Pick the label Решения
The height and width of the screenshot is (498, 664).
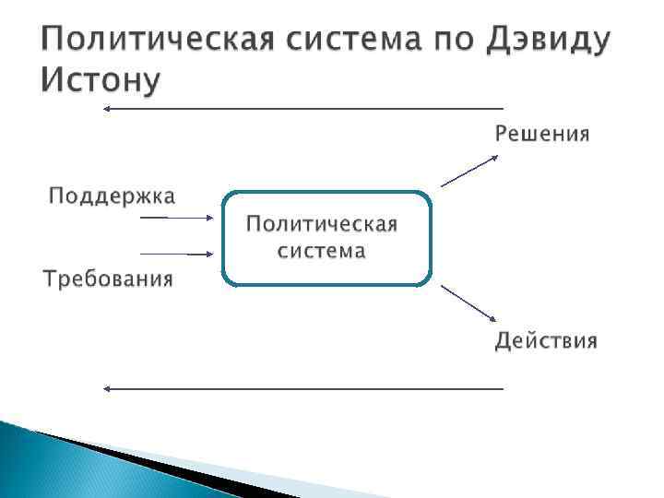pyautogui.click(x=541, y=134)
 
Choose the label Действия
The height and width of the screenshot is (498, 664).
pyautogui.click(x=546, y=341)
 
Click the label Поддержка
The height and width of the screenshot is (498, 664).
pyautogui.click(x=113, y=196)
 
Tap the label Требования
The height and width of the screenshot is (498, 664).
pyautogui.click(x=109, y=279)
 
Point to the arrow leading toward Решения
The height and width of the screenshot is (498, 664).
pyautogui.click(x=469, y=170)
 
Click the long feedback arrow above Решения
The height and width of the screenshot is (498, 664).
pyautogui.click(x=304, y=109)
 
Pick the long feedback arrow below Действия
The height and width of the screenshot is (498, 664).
pyautogui.click(x=304, y=388)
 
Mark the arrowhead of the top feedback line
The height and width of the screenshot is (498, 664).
pyautogui.click(x=107, y=109)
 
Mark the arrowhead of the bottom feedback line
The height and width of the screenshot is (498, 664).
pyautogui.click(x=107, y=388)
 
